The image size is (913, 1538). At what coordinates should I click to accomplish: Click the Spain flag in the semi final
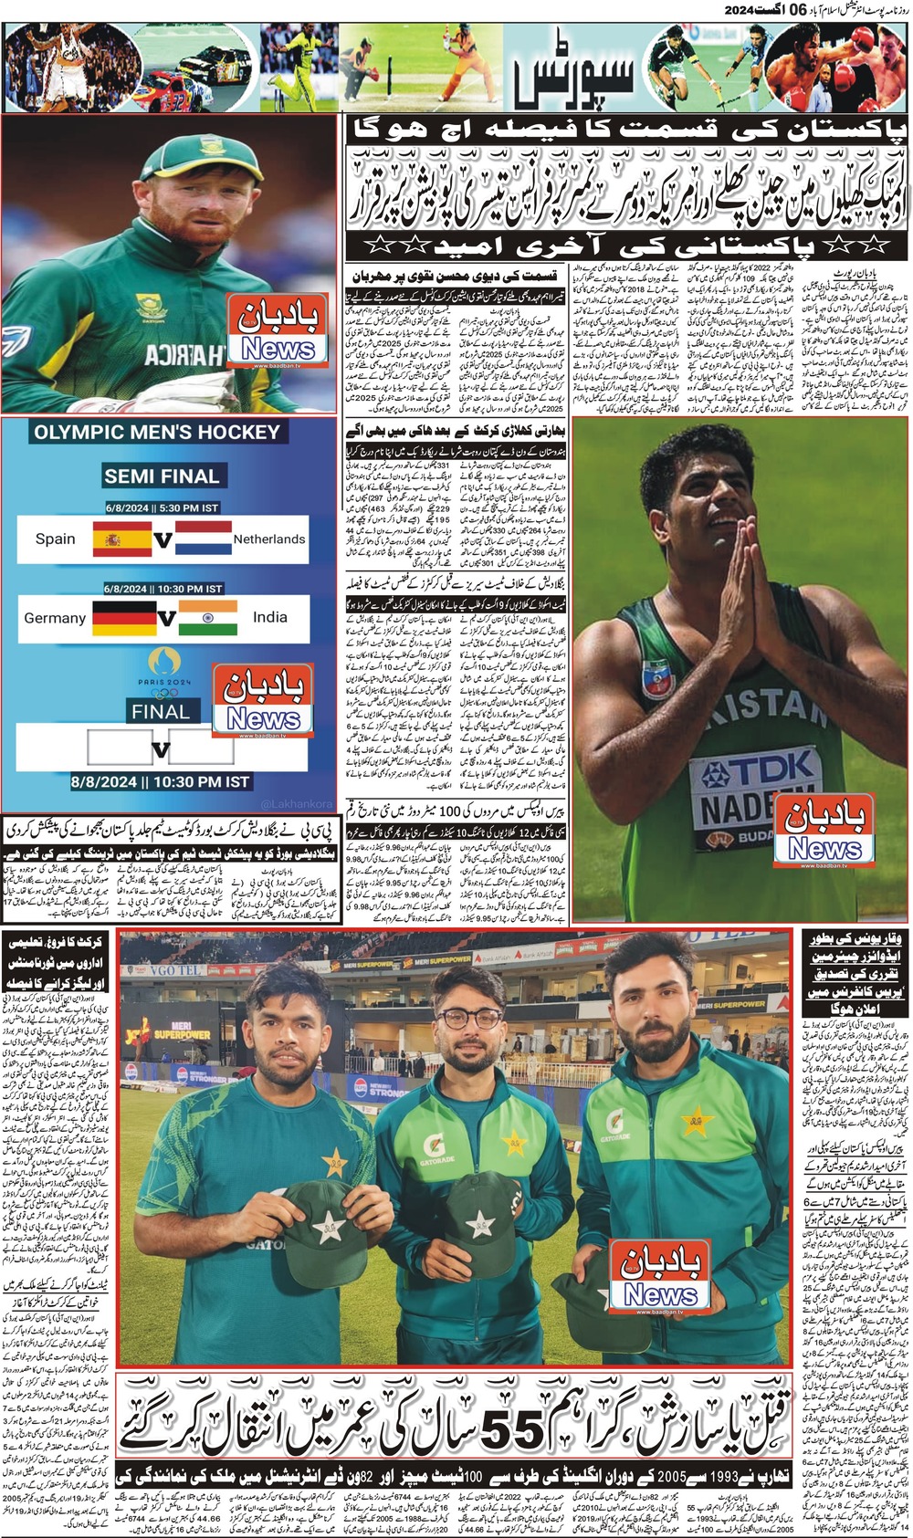[121, 539]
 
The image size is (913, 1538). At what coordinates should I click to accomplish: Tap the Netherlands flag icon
[204, 538]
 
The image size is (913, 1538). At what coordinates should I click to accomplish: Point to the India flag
[208, 617]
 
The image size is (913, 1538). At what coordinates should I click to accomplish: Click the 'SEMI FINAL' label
[162, 476]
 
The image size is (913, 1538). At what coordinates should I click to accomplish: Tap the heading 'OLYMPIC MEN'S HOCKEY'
[157, 432]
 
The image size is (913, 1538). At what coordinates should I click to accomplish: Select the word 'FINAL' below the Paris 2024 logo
[161, 712]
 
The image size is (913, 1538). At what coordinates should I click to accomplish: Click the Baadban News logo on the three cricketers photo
[660, 1276]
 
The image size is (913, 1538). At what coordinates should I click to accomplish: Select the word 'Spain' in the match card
[56, 539]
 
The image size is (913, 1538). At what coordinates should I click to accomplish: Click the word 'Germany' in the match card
[55, 618]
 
